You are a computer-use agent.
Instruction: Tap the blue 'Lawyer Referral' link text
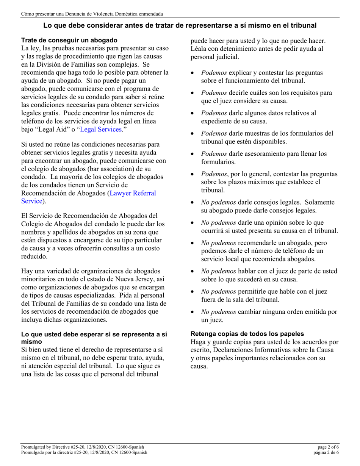coord(133,193)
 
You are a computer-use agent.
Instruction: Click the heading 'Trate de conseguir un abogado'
coord(69,40)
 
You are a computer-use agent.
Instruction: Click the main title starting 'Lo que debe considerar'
coord(180,26)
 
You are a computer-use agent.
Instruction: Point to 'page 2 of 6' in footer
coord(328,447)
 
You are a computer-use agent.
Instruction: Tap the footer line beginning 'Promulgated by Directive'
coord(83,447)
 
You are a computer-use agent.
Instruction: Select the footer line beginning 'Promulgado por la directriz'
coord(84,452)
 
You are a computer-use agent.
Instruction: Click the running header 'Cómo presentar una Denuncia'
coord(92,14)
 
